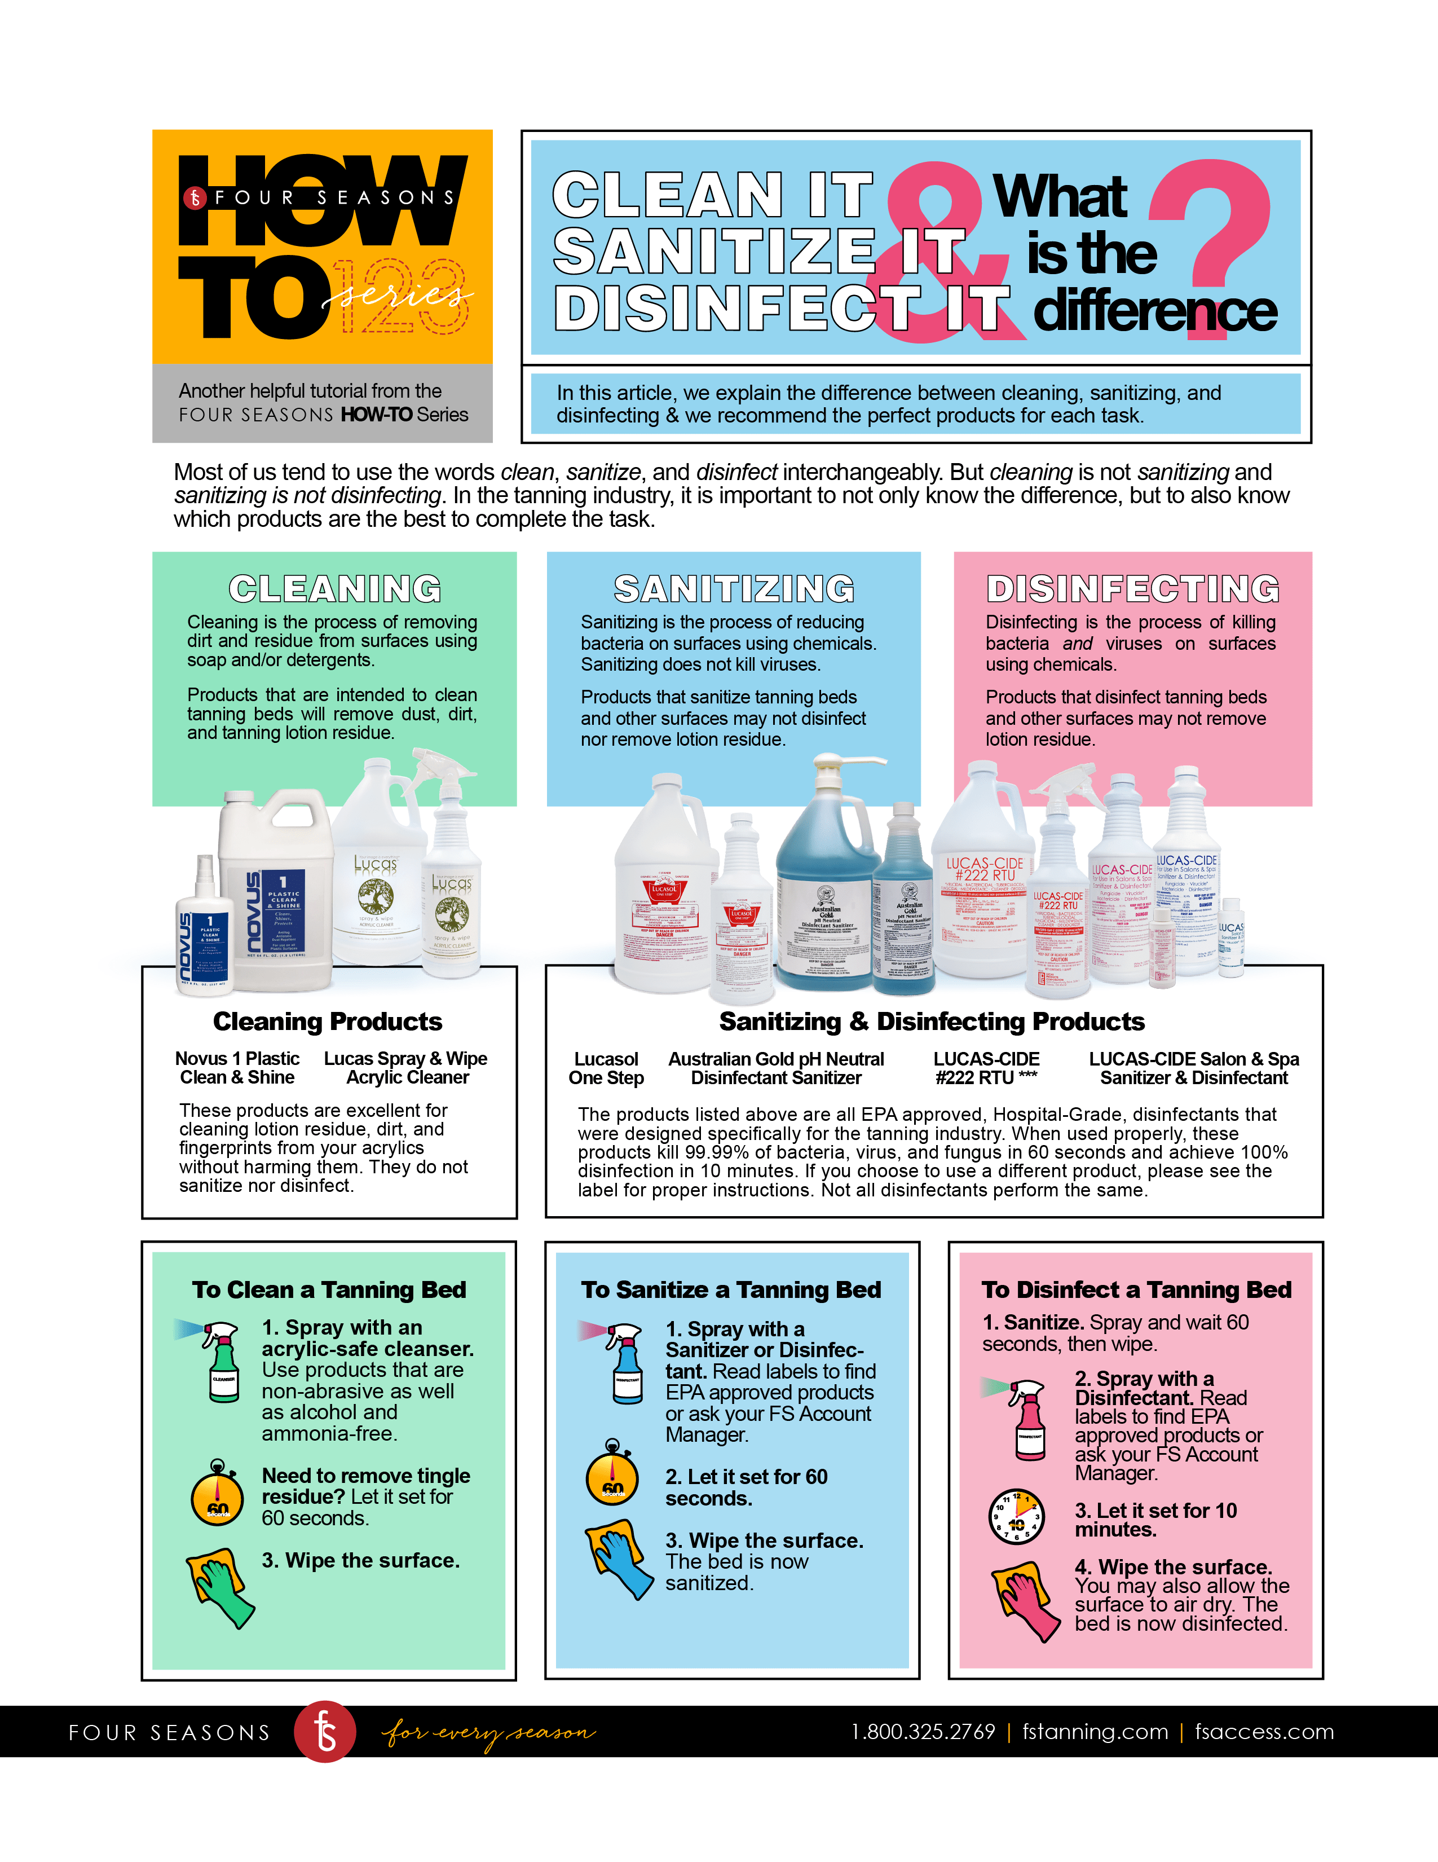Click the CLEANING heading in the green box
point(335,589)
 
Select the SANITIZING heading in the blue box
point(734,589)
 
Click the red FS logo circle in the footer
point(325,1732)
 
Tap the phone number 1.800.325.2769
point(923,1732)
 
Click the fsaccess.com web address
point(1264,1732)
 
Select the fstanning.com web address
point(1095,1732)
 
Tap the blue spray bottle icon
point(625,1363)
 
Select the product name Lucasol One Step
point(606,1068)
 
